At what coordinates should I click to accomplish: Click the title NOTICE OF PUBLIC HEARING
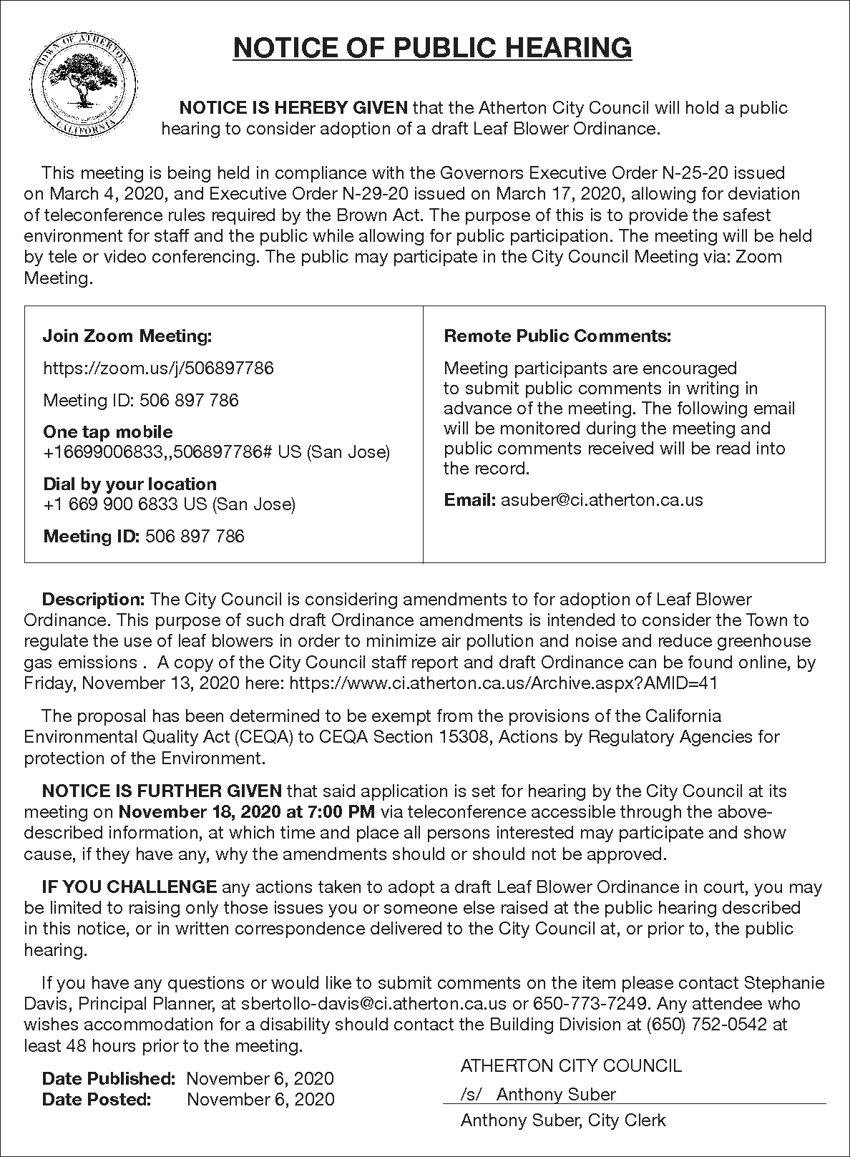tap(433, 48)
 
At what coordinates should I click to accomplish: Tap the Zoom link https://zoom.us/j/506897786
tap(158, 368)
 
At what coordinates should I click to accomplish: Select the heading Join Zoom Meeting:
tap(127, 336)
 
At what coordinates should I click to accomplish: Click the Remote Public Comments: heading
tap(557, 336)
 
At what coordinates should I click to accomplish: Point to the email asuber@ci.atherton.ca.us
tap(602, 499)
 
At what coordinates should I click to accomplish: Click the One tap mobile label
tap(108, 431)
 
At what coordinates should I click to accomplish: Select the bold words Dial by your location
tap(130, 484)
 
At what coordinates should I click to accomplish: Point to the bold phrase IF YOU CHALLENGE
tap(130, 887)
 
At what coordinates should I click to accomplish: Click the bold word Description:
tap(94, 599)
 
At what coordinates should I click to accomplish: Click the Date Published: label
tap(109, 1078)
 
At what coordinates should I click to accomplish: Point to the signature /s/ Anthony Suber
tap(538, 1094)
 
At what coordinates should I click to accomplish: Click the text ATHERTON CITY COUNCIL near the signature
tap(571, 1066)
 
